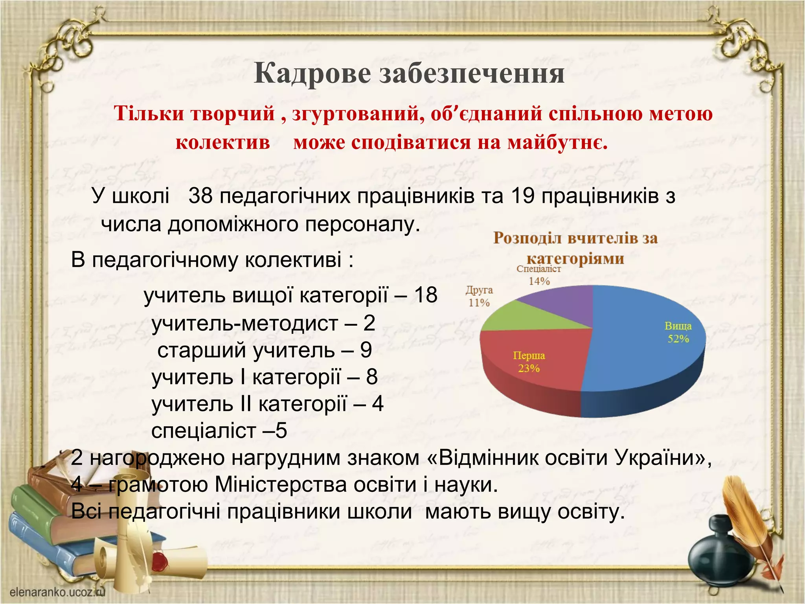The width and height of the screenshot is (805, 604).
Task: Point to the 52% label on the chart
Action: coord(678,339)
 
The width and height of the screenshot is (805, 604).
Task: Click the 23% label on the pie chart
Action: coord(529,368)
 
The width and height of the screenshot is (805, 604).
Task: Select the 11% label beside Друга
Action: coord(479,303)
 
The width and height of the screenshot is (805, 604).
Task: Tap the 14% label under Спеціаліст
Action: coord(539,281)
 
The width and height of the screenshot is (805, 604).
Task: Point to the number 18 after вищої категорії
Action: coord(425,295)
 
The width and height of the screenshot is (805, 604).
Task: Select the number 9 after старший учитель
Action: coord(366,350)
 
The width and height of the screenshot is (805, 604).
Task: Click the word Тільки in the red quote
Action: coord(149,114)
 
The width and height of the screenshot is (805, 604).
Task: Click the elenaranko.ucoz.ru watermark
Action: coord(57,592)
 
